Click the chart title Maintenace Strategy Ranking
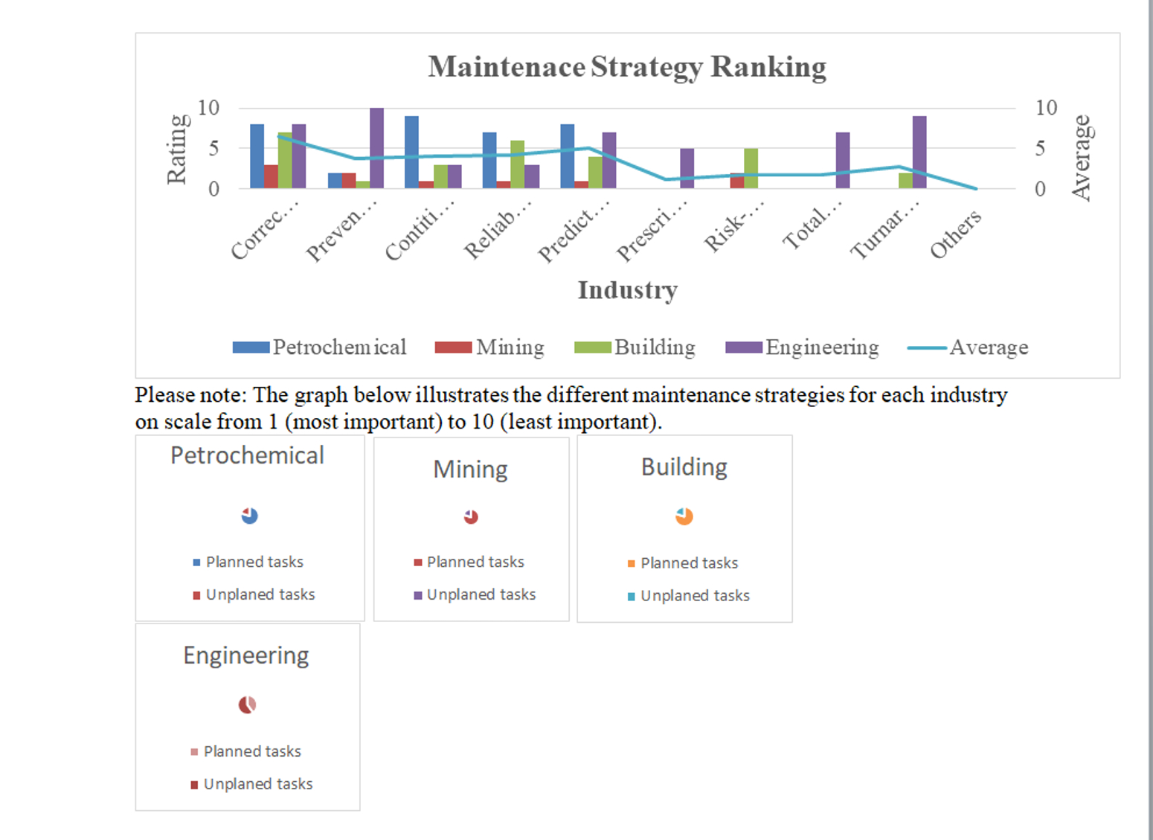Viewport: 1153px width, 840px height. (626, 67)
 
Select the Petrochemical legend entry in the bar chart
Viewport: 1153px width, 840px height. (320, 347)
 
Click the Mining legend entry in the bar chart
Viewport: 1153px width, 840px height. (490, 347)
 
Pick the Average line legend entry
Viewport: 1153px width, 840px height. (968, 347)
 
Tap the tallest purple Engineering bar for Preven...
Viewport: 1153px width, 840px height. (377, 148)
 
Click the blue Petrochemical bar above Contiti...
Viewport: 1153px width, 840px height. (411, 152)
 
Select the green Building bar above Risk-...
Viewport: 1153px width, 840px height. (751, 168)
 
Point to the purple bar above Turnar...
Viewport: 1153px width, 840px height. (919, 152)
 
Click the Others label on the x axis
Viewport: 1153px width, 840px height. (956, 234)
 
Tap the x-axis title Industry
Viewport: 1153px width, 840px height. (627, 290)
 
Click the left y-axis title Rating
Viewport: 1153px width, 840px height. (176, 149)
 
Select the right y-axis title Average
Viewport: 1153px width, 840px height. (1081, 158)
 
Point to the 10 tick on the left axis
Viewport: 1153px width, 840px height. (208, 108)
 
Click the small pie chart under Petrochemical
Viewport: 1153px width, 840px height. (249, 516)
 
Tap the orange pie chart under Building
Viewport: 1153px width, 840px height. (684, 516)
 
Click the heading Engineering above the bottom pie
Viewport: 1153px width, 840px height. (246, 655)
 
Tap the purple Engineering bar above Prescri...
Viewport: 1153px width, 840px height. (687, 168)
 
